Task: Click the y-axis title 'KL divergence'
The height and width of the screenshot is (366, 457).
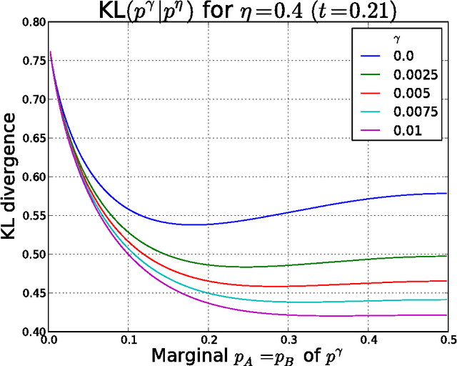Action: pos(12,177)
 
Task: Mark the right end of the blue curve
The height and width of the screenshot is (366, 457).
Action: pos(447,193)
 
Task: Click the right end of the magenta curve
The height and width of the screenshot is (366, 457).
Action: pos(447,315)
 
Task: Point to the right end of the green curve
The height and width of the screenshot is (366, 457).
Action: pos(447,256)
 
